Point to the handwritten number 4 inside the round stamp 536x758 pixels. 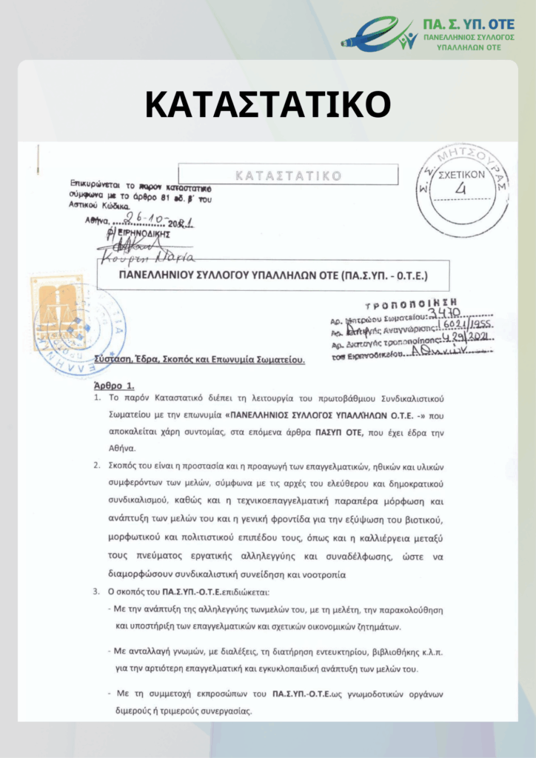tap(462, 189)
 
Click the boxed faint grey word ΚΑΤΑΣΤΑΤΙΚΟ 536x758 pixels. tap(288, 175)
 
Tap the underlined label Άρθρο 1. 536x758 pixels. tap(115, 386)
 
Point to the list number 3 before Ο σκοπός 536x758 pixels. tap(96, 592)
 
